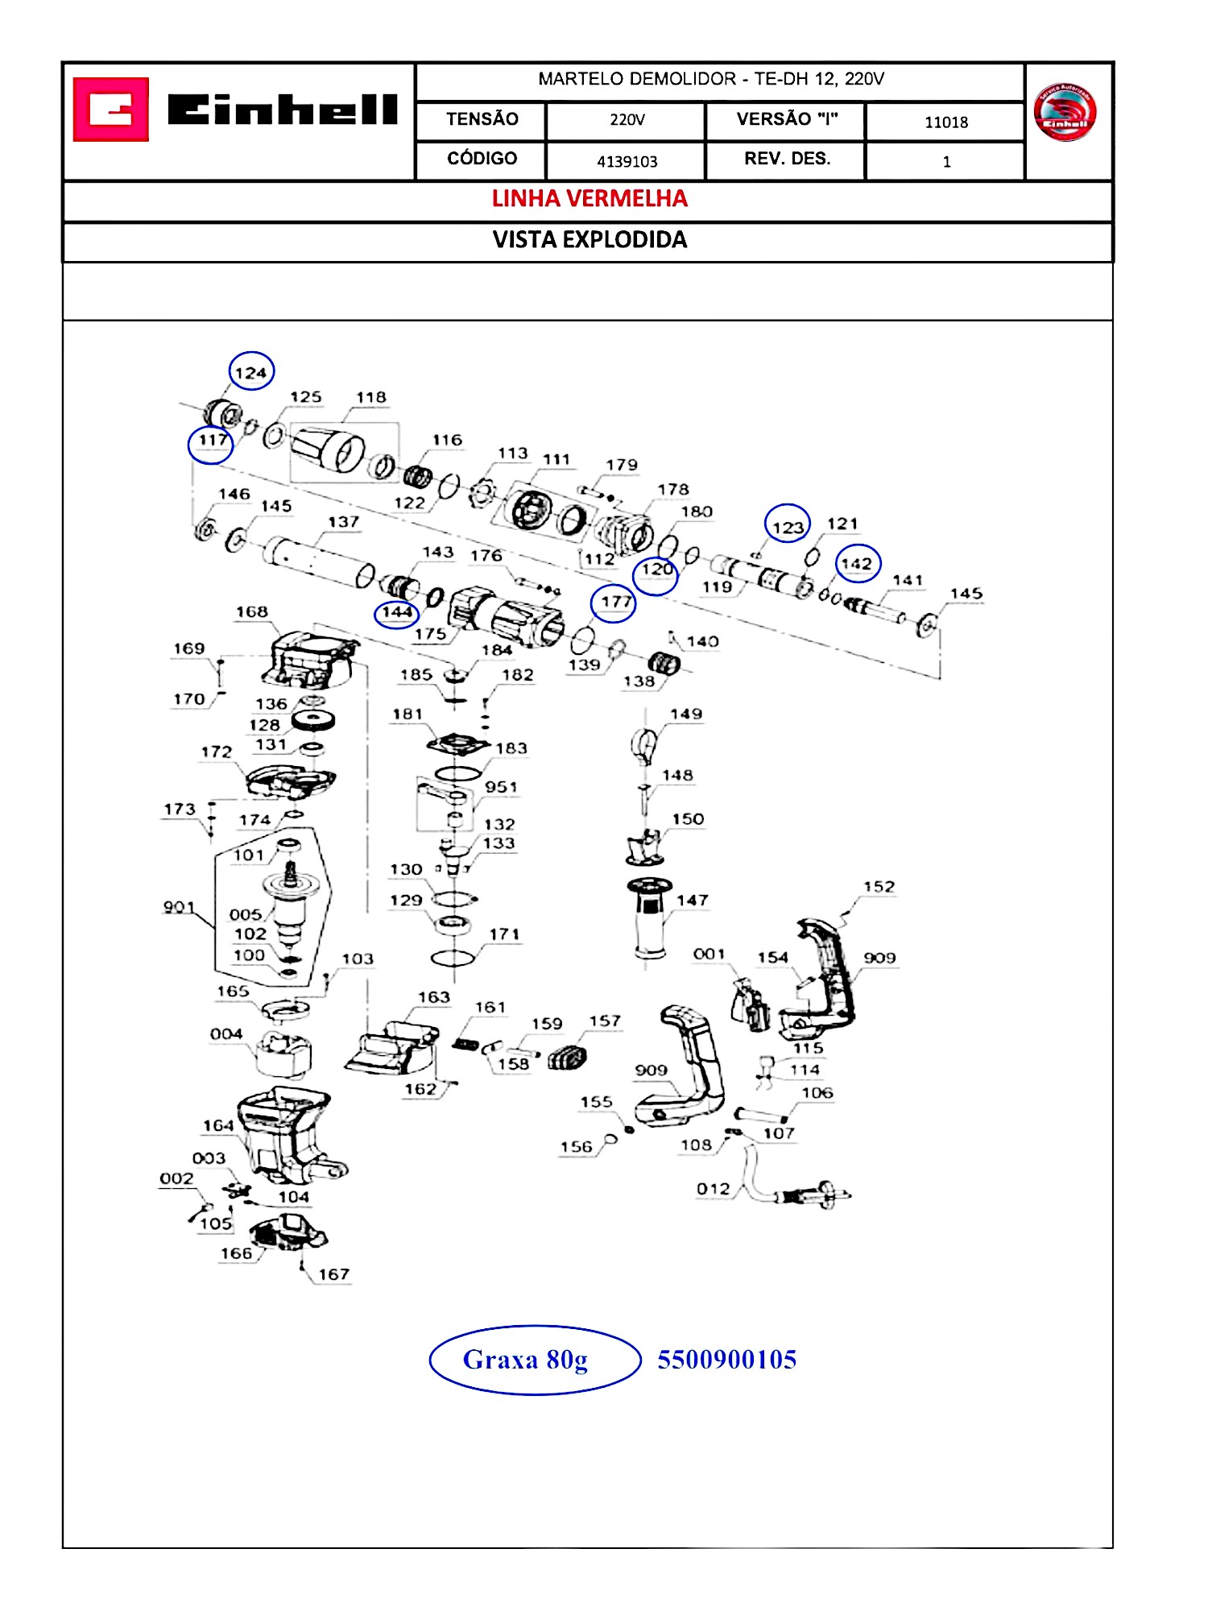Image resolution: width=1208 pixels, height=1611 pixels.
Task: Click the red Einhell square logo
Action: [x=111, y=110]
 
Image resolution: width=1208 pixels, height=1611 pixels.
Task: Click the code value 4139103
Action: [x=627, y=161]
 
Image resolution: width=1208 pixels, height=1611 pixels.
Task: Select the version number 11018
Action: [x=945, y=122]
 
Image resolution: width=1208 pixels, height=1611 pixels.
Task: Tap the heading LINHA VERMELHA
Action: [x=590, y=199]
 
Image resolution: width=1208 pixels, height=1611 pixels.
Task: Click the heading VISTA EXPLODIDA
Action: [x=590, y=240]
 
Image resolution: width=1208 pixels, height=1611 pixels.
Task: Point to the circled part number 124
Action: [x=251, y=372]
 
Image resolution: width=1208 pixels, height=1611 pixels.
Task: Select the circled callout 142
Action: [x=857, y=564]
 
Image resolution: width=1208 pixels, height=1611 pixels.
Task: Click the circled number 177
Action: [x=615, y=602]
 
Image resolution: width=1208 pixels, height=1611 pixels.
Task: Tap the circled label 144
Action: [x=397, y=613]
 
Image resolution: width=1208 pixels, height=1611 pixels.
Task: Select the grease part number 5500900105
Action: [x=726, y=1360]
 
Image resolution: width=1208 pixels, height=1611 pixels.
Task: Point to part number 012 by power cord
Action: [x=713, y=1189]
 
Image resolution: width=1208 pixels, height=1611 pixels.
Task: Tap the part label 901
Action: [x=179, y=907]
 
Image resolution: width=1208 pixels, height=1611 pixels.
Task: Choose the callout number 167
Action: [x=333, y=1274]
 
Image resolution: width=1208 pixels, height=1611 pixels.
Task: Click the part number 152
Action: [x=879, y=887]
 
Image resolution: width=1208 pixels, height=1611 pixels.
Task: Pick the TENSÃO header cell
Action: [x=482, y=119]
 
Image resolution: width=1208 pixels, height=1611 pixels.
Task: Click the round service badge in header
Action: [x=1065, y=112]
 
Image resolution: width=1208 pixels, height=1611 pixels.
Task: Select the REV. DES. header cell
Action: [x=786, y=159]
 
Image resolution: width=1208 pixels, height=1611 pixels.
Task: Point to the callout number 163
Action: [x=433, y=997]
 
